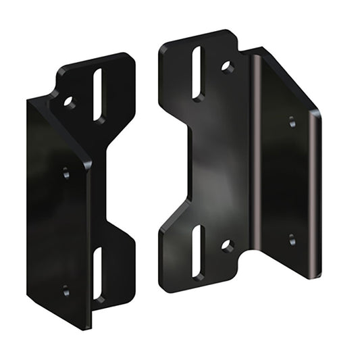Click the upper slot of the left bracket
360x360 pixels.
(x=99, y=95)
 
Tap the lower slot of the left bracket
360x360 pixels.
(x=98, y=274)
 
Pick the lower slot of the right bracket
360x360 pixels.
(x=197, y=252)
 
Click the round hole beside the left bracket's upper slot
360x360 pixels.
(x=69, y=103)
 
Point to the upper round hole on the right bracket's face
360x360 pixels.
(x=228, y=67)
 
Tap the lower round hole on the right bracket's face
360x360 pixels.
(x=228, y=245)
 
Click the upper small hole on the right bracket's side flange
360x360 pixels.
(x=292, y=122)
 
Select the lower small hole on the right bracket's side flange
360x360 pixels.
(x=292, y=239)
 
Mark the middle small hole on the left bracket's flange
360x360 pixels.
(x=66, y=172)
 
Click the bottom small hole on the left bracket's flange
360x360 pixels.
(x=66, y=291)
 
